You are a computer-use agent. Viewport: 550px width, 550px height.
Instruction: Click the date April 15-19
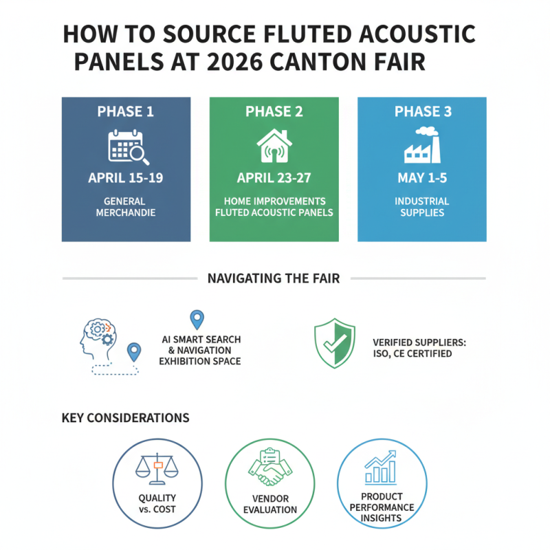coord(126,178)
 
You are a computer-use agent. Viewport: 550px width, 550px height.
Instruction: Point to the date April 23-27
coord(274,178)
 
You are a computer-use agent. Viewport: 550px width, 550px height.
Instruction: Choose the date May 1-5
coord(422,178)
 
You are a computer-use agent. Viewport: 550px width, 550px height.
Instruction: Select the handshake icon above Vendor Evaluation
coord(269,468)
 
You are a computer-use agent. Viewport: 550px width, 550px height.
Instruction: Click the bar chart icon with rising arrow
coord(380,467)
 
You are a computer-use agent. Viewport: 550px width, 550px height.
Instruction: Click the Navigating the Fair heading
coord(274,278)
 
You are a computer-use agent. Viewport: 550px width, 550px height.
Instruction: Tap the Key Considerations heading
coord(125,417)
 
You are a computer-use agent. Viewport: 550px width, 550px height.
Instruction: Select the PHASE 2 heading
coord(274,112)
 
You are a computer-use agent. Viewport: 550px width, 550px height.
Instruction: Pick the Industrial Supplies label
coord(422,207)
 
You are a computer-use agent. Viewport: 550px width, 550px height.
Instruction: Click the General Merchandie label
coord(126,207)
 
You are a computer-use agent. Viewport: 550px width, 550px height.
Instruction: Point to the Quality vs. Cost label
coord(157,503)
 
